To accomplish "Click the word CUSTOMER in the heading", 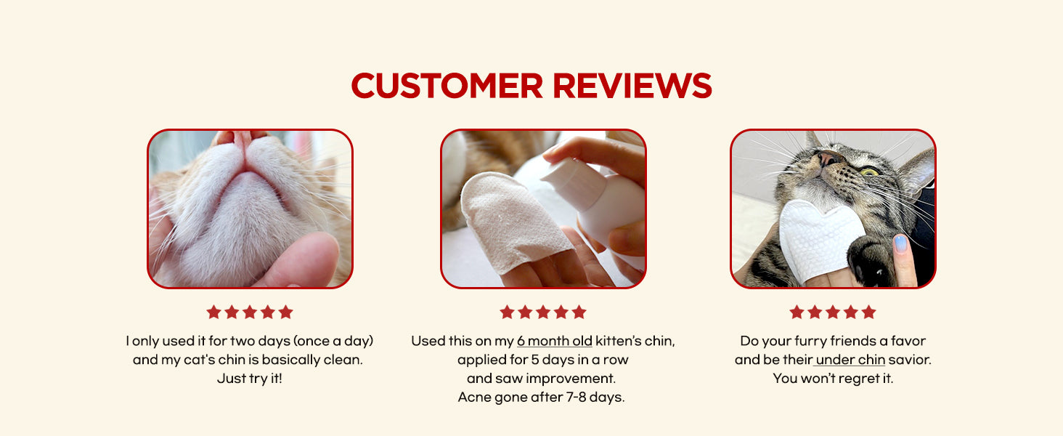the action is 447,86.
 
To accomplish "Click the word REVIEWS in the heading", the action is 632,86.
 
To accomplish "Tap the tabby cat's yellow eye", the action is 869,171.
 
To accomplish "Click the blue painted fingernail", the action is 900,244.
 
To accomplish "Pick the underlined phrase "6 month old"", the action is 554,341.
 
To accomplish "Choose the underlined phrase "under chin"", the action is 850,360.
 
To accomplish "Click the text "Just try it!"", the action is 250,379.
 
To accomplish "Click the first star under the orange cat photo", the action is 213,312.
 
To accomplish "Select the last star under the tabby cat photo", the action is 868,312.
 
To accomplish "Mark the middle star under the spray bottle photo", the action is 543,312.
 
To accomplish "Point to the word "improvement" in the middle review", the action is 571,379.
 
